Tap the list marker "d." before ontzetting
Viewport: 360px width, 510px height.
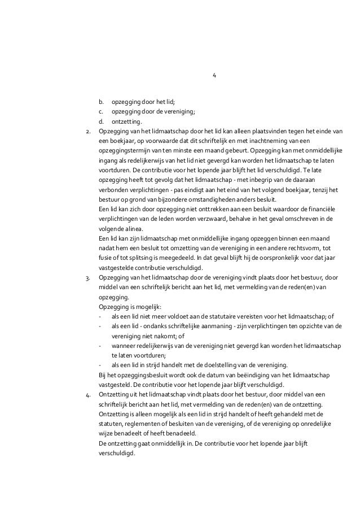(101, 121)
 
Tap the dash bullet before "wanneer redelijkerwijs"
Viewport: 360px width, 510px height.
(100, 346)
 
